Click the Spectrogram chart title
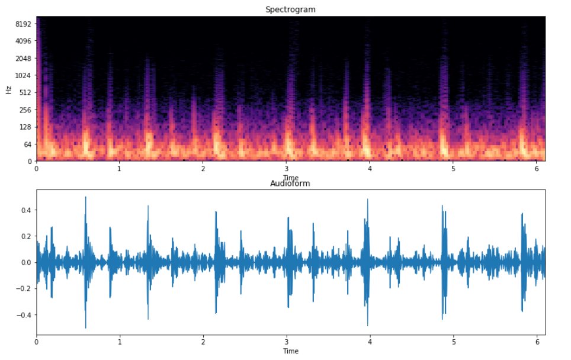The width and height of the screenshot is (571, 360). [x=290, y=9]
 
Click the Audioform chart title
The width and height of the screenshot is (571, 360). [x=290, y=184]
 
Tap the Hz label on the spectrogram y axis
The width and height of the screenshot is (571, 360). [x=8, y=90]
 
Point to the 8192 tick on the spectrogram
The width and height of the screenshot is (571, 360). [x=23, y=24]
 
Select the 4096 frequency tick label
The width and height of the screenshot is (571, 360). [x=23, y=41]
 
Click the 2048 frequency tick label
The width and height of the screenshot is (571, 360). [x=23, y=58]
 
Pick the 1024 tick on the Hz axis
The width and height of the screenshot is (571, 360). [x=23, y=75]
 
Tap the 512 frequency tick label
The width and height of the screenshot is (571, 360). [x=25, y=92]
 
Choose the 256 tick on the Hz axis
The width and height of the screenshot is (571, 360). [x=25, y=110]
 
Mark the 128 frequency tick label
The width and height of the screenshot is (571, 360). [x=25, y=127]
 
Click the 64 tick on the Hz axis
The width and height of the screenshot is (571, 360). [x=27, y=144]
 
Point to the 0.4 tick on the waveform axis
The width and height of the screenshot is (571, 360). [x=25, y=210]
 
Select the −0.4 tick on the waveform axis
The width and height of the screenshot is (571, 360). [x=24, y=314]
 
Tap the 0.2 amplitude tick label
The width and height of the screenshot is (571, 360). [x=25, y=236]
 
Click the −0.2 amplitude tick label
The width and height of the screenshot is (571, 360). [x=24, y=288]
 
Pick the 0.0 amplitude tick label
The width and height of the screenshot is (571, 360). [x=25, y=262]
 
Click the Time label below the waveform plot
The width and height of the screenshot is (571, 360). [x=290, y=351]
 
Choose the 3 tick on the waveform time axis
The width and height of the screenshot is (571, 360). [x=287, y=342]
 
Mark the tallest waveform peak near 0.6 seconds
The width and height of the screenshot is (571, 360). [x=85, y=198]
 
